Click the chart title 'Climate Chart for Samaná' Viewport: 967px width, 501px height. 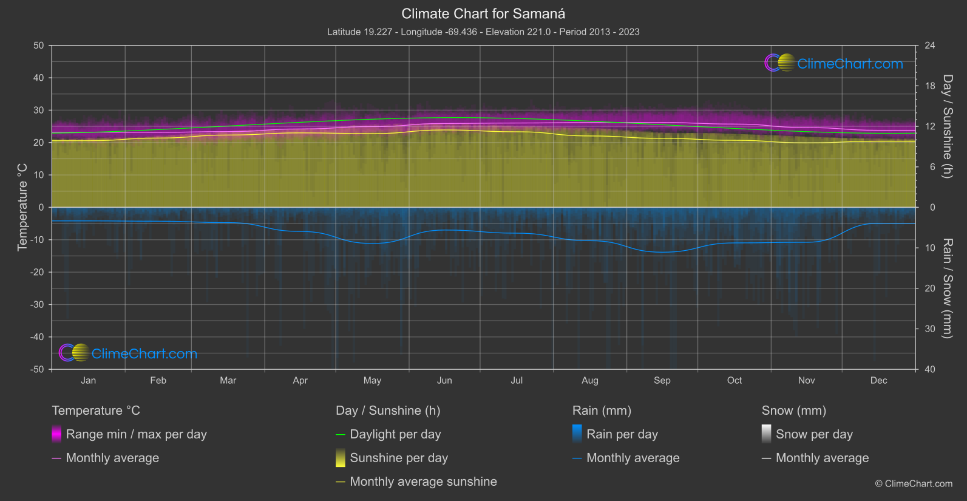click(x=483, y=13)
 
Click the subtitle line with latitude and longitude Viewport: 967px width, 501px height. click(x=483, y=32)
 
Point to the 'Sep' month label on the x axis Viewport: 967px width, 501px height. click(x=662, y=380)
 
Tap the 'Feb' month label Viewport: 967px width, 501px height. click(x=158, y=380)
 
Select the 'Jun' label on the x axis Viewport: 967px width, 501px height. click(x=444, y=380)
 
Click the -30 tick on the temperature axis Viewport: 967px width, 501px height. click(x=38, y=304)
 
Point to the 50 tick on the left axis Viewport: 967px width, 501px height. click(x=39, y=46)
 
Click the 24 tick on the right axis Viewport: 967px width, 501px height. click(x=929, y=46)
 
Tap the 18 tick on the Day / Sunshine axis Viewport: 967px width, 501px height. click(x=929, y=86)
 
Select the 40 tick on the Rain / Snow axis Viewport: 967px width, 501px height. click(x=929, y=369)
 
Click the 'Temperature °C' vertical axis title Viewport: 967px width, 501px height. click(x=22, y=206)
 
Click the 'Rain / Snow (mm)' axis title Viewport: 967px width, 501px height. click(x=947, y=288)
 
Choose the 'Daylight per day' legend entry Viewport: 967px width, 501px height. click(x=395, y=434)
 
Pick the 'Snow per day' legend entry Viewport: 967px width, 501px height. click(x=814, y=434)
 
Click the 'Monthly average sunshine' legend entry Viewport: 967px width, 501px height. click(x=423, y=482)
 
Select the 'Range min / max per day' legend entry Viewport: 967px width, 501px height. click(x=136, y=434)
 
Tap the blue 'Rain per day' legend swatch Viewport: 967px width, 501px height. click(x=577, y=434)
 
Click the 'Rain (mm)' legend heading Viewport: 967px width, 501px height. click(x=602, y=411)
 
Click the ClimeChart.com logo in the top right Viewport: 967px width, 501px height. click(x=834, y=63)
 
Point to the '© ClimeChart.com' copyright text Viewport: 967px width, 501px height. click(x=914, y=483)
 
